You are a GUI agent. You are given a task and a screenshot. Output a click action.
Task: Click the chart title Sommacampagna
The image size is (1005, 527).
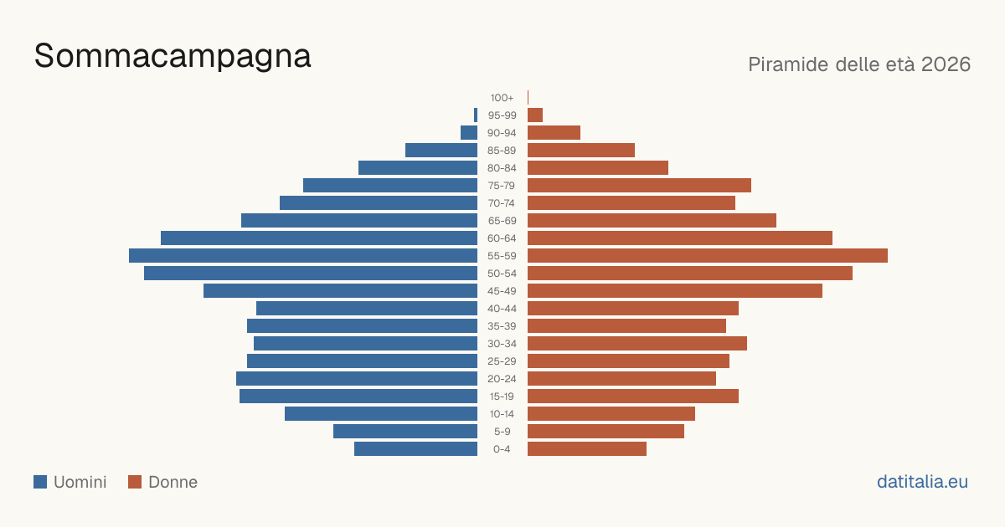173,57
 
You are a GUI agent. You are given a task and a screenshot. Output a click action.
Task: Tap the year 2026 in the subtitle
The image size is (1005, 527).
946,64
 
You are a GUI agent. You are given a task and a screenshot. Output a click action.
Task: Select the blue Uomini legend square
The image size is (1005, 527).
40,482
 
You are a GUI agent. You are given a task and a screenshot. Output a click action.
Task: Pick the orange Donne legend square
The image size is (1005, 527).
135,482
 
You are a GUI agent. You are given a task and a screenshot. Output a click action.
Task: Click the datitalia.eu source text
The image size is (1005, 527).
922,482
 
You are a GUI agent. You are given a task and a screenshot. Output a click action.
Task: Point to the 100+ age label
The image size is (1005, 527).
502,98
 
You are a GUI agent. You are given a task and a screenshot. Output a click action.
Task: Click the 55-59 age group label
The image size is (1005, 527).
502,256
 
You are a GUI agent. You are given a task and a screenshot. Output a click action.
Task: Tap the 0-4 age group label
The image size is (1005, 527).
502,449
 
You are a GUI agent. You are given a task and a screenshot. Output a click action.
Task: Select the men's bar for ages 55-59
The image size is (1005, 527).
303,256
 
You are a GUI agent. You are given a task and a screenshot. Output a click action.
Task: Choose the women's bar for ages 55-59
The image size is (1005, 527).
708,256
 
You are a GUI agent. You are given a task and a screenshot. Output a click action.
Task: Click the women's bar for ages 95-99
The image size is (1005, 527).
535,115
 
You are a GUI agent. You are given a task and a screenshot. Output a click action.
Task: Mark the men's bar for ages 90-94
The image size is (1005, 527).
469,133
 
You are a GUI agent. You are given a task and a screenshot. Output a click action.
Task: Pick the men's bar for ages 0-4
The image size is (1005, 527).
416,449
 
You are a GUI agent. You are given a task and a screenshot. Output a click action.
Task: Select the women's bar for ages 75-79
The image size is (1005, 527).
639,186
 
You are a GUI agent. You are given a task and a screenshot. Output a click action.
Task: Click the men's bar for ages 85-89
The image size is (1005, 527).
441,150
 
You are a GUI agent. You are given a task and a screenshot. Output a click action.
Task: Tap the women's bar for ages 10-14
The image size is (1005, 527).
611,413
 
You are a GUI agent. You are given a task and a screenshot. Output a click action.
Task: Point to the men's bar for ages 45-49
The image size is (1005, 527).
341,291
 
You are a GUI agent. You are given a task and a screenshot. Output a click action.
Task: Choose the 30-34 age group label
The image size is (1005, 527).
502,344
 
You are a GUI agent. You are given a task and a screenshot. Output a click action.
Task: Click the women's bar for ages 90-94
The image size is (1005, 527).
554,133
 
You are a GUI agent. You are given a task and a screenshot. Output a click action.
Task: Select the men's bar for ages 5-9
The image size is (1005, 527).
405,431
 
